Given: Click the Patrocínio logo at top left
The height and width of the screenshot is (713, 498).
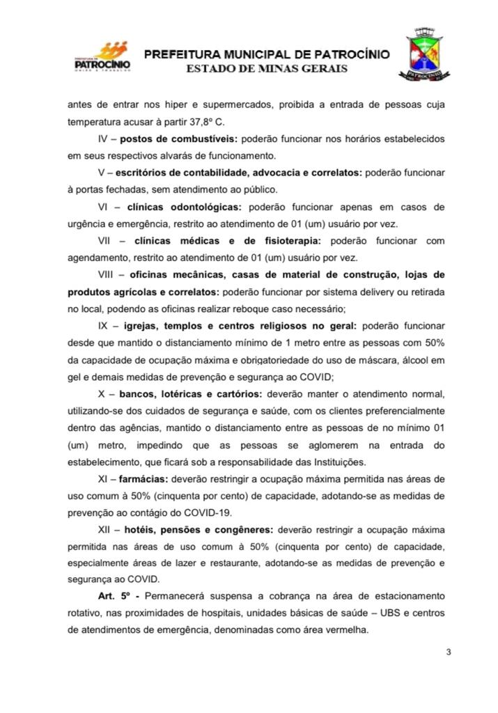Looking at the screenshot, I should tap(100, 57).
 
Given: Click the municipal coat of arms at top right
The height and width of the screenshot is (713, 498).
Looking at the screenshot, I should tap(421, 54).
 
